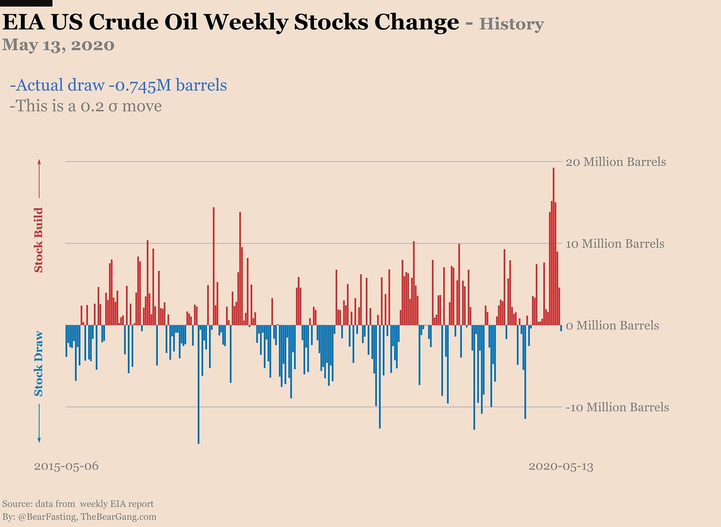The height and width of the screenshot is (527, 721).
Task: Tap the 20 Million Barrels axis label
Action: [616, 162]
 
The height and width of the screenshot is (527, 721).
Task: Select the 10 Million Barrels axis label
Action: [615, 244]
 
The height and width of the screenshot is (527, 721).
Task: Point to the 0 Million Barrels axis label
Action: [613, 326]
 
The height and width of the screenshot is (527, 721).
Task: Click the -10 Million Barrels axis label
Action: [617, 408]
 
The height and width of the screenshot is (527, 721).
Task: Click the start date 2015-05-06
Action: [66, 467]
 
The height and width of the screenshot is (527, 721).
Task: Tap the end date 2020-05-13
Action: [561, 467]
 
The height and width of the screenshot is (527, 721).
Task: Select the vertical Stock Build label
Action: [39, 240]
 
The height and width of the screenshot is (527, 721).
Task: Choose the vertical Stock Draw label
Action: [39, 363]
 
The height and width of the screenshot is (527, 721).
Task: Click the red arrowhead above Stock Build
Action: [39, 162]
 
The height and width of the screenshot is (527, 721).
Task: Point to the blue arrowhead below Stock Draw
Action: [39, 440]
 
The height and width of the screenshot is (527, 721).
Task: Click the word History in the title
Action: [512, 24]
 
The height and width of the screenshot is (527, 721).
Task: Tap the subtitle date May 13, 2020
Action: [58, 45]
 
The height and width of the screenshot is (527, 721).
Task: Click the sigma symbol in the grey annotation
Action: [112, 107]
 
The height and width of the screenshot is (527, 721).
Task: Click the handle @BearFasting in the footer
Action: [48, 517]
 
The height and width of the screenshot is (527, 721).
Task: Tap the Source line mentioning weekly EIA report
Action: [78, 504]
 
